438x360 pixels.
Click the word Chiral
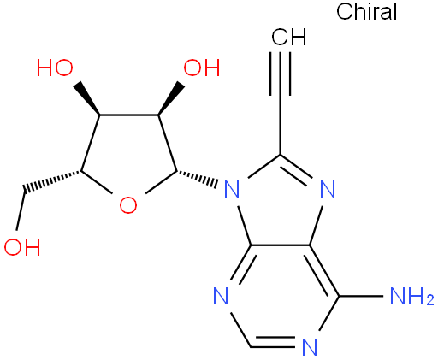pyautogui.click(x=366, y=12)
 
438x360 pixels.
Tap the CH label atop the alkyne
pyautogui.click(x=289, y=37)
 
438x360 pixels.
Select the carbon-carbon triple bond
pyautogui.click(x=281, y=74)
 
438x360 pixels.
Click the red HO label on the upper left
pyautogui.click(x=55, y=68)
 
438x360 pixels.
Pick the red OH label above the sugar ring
pyautogui.click(x=202, y=68)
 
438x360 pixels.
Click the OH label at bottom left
pyautogui.click(x=22, y=246)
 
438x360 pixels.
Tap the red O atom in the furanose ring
pyautogui.click(x=128, y=205)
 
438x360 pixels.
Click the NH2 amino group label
pyautogui.click(x=411, y=297)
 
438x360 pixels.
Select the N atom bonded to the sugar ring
pyautogui.click(x=232, y=189)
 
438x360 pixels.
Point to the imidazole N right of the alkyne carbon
pyautogui.click(x=328, y=189)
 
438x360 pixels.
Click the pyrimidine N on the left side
pyautogui.click(x=221, y=297)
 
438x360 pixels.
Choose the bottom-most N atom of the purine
pyautogui.click(x=310, y=347)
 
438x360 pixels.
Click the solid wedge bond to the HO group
pyautogui.click(x=86, y=98)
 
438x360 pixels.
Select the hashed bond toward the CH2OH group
pyautogui.click(x=52, y=181)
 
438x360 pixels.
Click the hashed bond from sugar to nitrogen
pyautogui.click(x=197, y=178)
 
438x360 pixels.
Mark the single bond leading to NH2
pyautogui.click(x=361, y=296)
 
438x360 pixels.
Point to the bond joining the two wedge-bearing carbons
pyautogui.click(x=129, y=115)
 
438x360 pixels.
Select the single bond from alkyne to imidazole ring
pyautogui.click(x=281, y=125)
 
